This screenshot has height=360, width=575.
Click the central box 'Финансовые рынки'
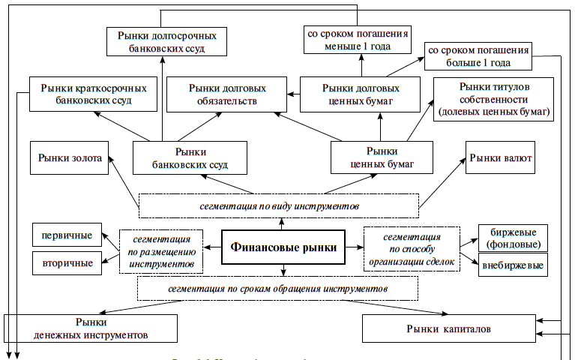pyautogui.click(x=283, y=247)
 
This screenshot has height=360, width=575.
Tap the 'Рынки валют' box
pyautogui.click(x=502, y=157)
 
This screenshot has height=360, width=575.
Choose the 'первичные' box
pyautogui.click(x=67, y=235)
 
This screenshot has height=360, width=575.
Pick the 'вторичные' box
pyautogui.click(x=67, y=262)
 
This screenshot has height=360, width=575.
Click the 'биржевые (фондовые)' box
pyautogui.click(x=514, y=238)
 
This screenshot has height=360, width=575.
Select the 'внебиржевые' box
pyautogui.click(x=514, y=265)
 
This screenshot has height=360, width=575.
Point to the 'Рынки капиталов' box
pyautogui.click(x=449, y=328)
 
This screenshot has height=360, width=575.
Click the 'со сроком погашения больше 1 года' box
pyautogui.click(x=478, y=56)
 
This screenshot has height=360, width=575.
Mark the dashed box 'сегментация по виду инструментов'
pyautogui.click(x=278, y=205)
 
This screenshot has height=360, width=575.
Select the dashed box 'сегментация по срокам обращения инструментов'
pyautogui.click(x=277, y=288)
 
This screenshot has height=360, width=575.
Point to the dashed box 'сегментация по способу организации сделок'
pyautogui.click(x=412, y=247)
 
